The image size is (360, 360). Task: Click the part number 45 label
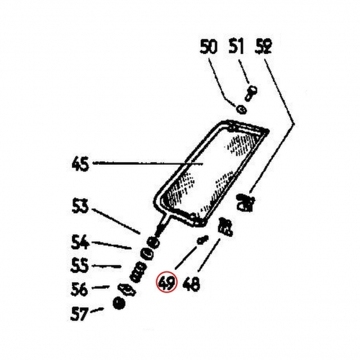click(x=81, y=164)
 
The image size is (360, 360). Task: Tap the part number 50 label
click(x=209, y=47)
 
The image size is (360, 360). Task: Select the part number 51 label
click(x=236, y=47)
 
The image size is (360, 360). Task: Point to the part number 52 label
click(x=263, y=47)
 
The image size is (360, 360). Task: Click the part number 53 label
click(x=80, y=206)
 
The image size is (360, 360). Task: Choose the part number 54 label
click(x=80, y=242)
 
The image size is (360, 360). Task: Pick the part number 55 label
click(x=80, y=266)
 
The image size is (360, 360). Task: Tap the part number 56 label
click(x=79, y=289)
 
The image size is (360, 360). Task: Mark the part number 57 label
click(x=78, y=314)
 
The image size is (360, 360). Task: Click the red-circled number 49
click(x=166, y=282)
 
